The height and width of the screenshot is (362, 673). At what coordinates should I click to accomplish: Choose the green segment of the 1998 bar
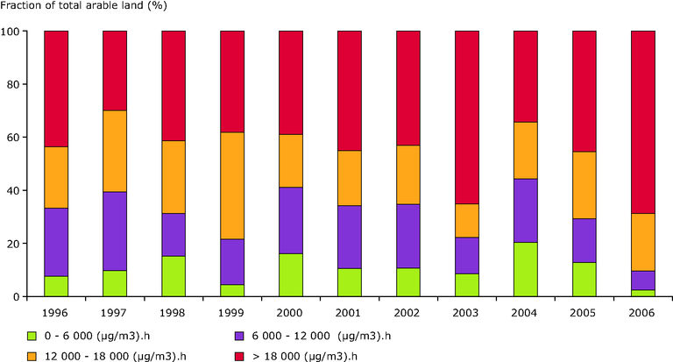pyautogui.click(x=174, y=276)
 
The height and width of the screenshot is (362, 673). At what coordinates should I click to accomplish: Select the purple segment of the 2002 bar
pyautogui.click(x=408, y=236)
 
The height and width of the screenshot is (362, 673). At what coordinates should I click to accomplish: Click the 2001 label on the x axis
pyautogui.click(x=350, y=311)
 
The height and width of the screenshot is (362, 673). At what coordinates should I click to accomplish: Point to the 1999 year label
pyautogui.click(x=232, y=311)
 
